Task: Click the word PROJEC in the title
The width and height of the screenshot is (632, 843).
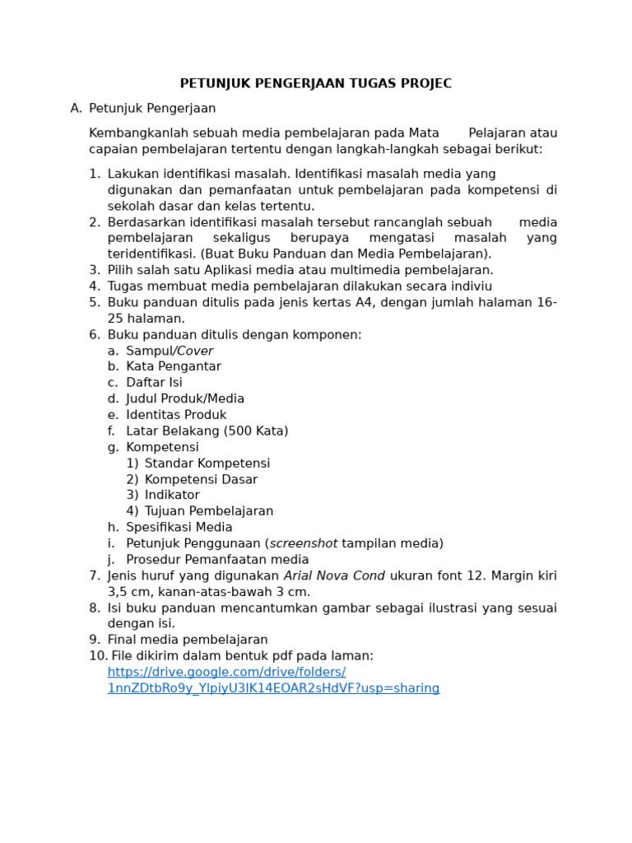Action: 425,84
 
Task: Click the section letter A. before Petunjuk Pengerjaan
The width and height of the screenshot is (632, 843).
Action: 77,109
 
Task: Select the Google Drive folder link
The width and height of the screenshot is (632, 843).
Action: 273,680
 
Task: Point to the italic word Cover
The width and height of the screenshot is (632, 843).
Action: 195,351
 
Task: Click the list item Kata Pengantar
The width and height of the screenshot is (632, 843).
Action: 174,366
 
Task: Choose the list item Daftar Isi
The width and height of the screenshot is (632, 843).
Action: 155,383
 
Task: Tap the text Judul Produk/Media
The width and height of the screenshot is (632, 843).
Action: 185,398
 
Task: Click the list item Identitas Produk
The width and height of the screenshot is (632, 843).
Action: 176,415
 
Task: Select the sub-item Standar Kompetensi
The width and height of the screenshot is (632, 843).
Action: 207,463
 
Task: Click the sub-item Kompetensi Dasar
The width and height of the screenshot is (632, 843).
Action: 201,479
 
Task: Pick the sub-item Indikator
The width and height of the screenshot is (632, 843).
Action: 172,495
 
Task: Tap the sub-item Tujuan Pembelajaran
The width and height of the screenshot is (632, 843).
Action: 209,511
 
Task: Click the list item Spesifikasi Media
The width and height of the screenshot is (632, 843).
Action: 179,527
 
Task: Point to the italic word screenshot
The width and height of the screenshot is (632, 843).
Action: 304,543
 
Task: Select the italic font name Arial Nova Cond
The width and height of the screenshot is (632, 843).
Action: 334,575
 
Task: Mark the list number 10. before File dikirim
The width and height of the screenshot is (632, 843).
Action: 98,656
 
